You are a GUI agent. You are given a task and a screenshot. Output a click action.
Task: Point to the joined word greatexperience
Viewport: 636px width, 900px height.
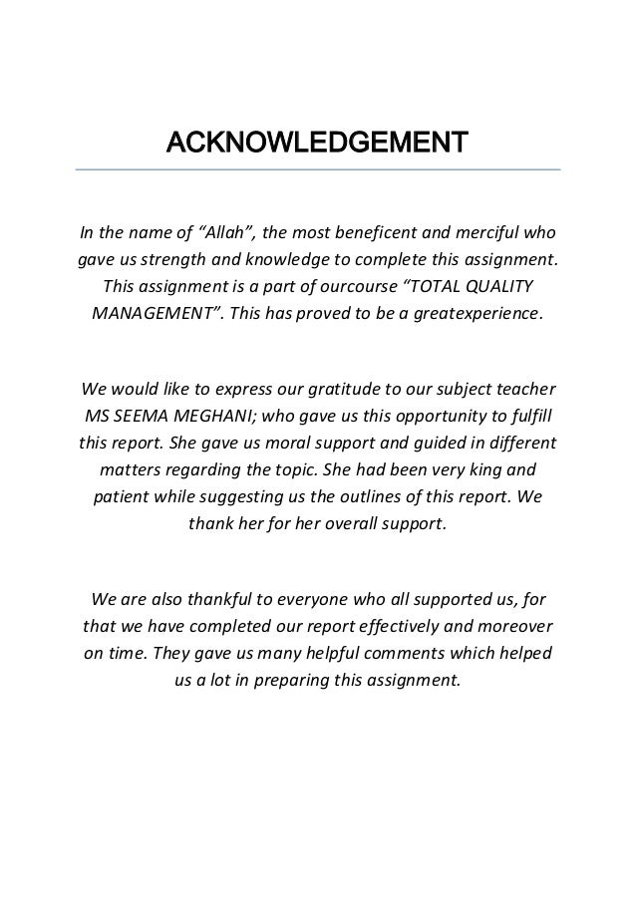tap(477, 313)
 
